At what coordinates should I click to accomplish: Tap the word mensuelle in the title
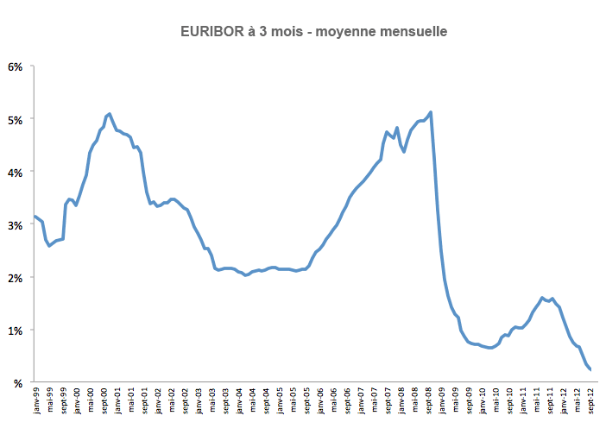(x=408, y=32)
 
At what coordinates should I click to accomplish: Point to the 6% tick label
(x=16, y=66)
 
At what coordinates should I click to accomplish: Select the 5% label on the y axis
(x=16, y=118)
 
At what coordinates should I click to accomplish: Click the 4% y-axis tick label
(x=16, y=171)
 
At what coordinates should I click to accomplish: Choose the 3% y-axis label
(x=16, y=224)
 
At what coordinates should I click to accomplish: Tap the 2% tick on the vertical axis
(x=16, y=277)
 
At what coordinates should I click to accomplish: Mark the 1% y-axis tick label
(x=16, y=330)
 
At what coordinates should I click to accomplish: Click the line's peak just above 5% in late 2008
(x=431, y=112)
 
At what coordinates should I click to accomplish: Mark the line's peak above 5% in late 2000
(x=109, y=114)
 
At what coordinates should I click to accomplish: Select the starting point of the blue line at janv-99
(x=35, y=216)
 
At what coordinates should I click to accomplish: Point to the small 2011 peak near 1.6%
(x=542, y=298)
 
